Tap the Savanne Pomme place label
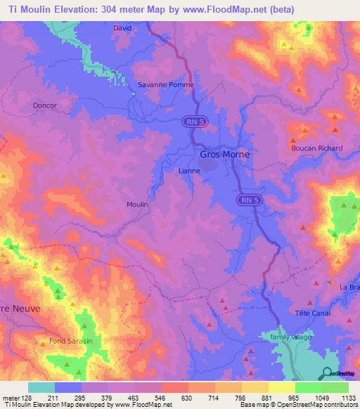tap(165, 84)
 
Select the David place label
tap(122, 28)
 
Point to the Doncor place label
tap(44, 105)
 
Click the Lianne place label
tap(189, 171)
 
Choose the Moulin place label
tap(136, 204)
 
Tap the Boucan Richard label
tap(316, 148)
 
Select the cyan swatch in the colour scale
tap(41, 387)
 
